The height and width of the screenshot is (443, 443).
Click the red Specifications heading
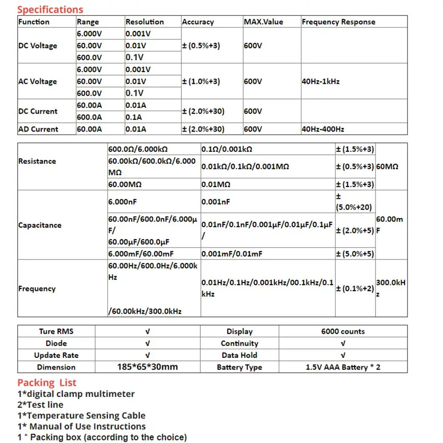[x=50, y=9]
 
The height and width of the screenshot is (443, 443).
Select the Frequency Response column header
[x=338, y=22]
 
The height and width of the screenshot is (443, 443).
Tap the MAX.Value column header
[x=263, y=22]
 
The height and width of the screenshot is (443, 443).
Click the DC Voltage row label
[x=38, y=45]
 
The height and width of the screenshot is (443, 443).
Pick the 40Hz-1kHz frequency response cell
[x=320, y=82]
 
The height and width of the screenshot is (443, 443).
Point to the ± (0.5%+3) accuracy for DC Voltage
[x=201, y=45]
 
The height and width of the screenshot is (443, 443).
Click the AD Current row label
[x=38, y=129]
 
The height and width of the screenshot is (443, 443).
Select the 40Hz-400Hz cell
[x=323, y=129]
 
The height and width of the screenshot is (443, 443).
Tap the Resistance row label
[x=37, y=161]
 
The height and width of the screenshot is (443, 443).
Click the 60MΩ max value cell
[x=387, y=167]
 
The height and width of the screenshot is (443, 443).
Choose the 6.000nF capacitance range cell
[x=123, y=202]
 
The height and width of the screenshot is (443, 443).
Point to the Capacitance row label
[x=39, y=225]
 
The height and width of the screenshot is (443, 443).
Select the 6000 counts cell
[x=343, y=331]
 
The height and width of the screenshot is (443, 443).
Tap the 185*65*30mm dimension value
[x=148, y=367]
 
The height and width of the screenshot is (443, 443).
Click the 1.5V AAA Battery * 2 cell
[x=343, y=367]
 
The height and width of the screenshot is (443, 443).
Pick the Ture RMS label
[x=56, y=331]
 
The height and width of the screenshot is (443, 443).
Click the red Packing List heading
[x=47, y=383]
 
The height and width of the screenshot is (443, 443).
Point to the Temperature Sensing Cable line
[x=81, y=416]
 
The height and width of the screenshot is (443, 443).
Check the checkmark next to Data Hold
[x=343, y=355]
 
